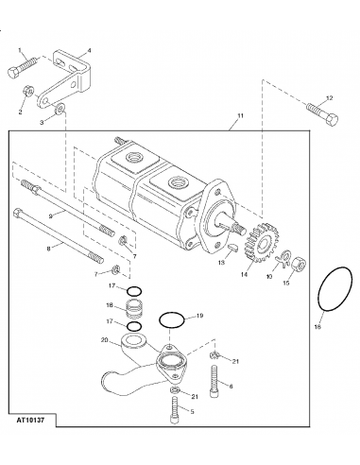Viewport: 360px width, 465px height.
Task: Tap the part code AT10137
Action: pyautogui.click(x=35, y=441)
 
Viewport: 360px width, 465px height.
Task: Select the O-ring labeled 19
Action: pyautogui.click(x=171, y=323)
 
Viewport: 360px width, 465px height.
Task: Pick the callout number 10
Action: pyautogui.click(x=267, y=277)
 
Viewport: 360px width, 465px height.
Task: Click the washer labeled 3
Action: pyautogui.click(x=61, y=112)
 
